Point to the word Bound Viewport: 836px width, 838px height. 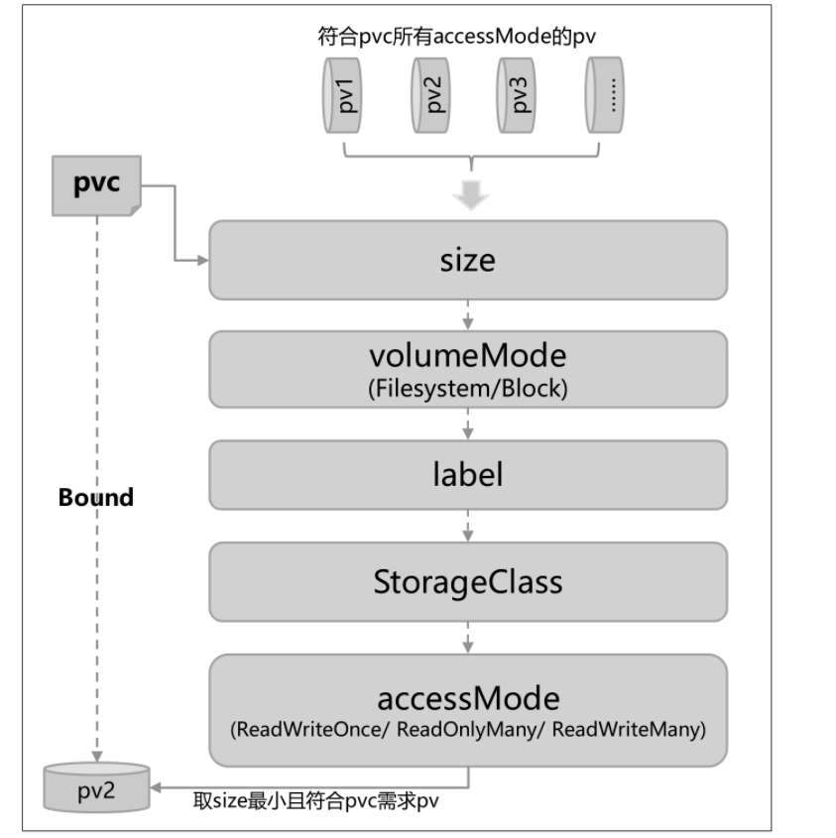pyautogui.click(x=96, y=498)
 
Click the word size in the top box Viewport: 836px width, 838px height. pyautogui.click(x=467, y=260)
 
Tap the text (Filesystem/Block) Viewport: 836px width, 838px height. pyautogui.click(x=467, y=388)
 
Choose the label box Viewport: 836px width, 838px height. pyautogui.click(x=467, y=473)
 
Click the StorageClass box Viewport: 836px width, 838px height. pyautogui.click(x=467, y=581)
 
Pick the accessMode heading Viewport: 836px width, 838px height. pyautogui.click(x=467, y=698)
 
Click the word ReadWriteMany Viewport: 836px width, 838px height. pyautogui.click(x=628, y=731)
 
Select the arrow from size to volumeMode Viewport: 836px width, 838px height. pyautogui.click(x=468, y=314)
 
